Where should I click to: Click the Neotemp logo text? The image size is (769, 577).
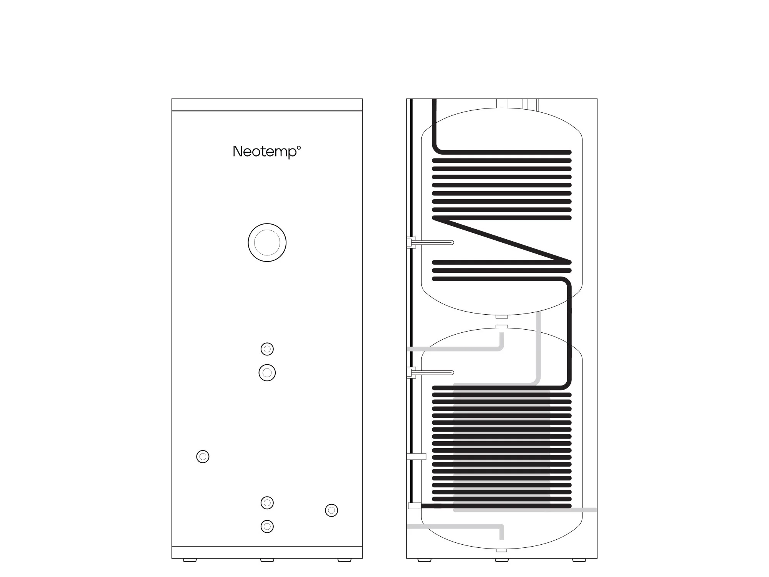[265, 152]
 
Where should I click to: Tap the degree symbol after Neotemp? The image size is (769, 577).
[299, 147]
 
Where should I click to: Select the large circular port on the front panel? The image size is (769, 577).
[267, 243]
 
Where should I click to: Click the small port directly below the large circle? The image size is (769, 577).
[267, 349]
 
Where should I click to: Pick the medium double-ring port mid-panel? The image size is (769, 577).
[267, 373]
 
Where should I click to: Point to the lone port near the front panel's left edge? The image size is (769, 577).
[203, 457]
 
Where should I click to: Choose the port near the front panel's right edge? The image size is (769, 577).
[331, 510]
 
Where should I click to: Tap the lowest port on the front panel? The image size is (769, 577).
[267, 526]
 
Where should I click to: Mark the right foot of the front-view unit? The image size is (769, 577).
[345, 560]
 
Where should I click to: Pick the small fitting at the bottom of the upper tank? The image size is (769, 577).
[502, 317]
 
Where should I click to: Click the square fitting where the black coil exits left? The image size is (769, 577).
[414, 506]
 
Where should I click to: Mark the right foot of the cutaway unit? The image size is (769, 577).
[579, 560]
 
